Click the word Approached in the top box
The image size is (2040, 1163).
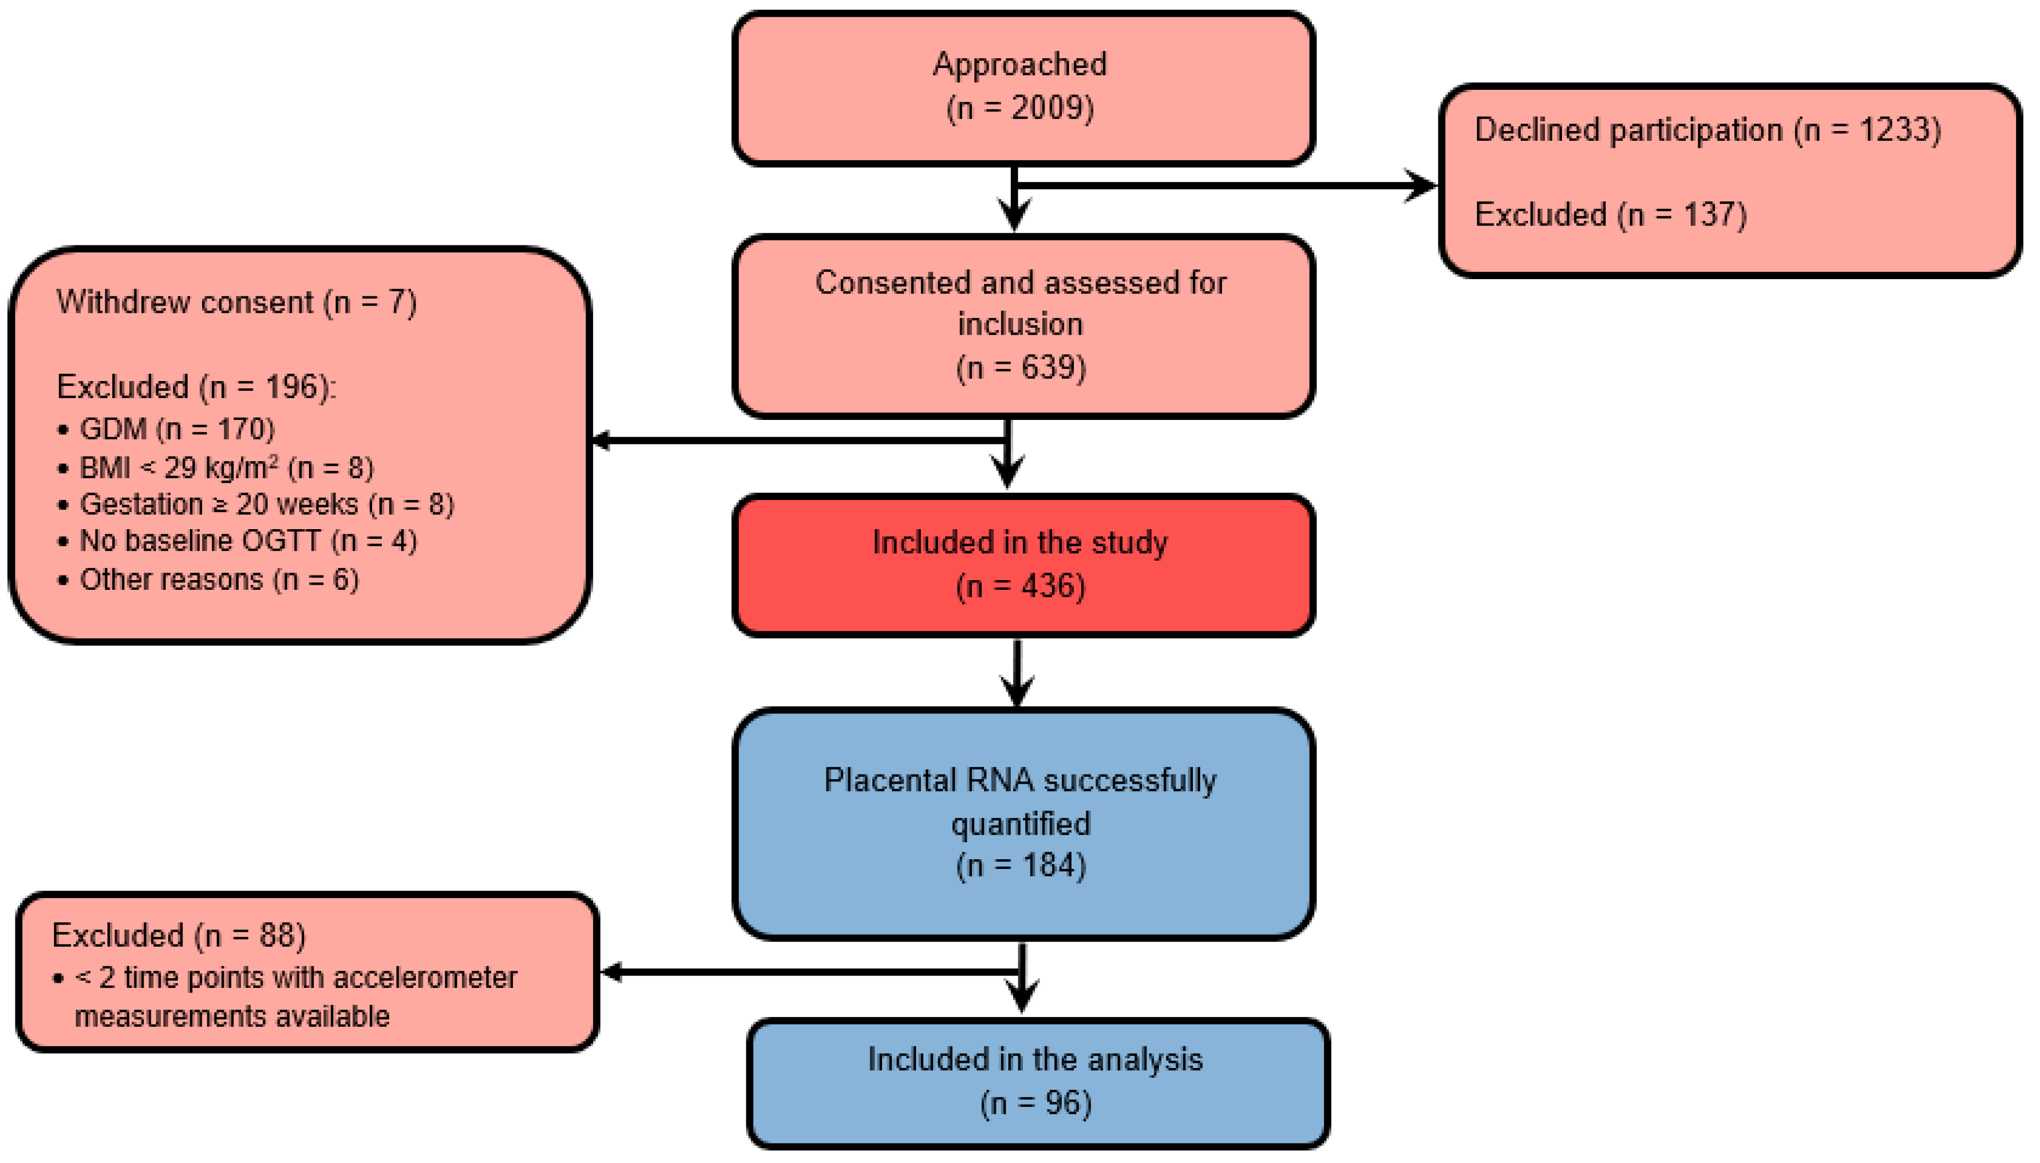point(1019,65)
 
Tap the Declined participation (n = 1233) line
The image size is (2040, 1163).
point(1707,129)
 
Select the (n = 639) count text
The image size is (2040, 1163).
point(1021,367)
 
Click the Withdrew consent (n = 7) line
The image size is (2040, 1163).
point(236,302)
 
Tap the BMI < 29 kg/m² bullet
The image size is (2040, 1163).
point(226,467)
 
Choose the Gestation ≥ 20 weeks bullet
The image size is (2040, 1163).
point(266,504)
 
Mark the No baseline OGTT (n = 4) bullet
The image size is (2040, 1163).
point(248,541)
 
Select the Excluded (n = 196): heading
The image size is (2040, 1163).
point(196,387)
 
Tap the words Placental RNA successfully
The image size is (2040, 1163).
point(1019,780)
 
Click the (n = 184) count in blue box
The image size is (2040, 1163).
point(1021,865)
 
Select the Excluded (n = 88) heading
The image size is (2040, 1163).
point(178,935)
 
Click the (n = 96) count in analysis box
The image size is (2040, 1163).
point(1035,1103)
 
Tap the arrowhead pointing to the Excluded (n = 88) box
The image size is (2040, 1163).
point(612,971)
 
